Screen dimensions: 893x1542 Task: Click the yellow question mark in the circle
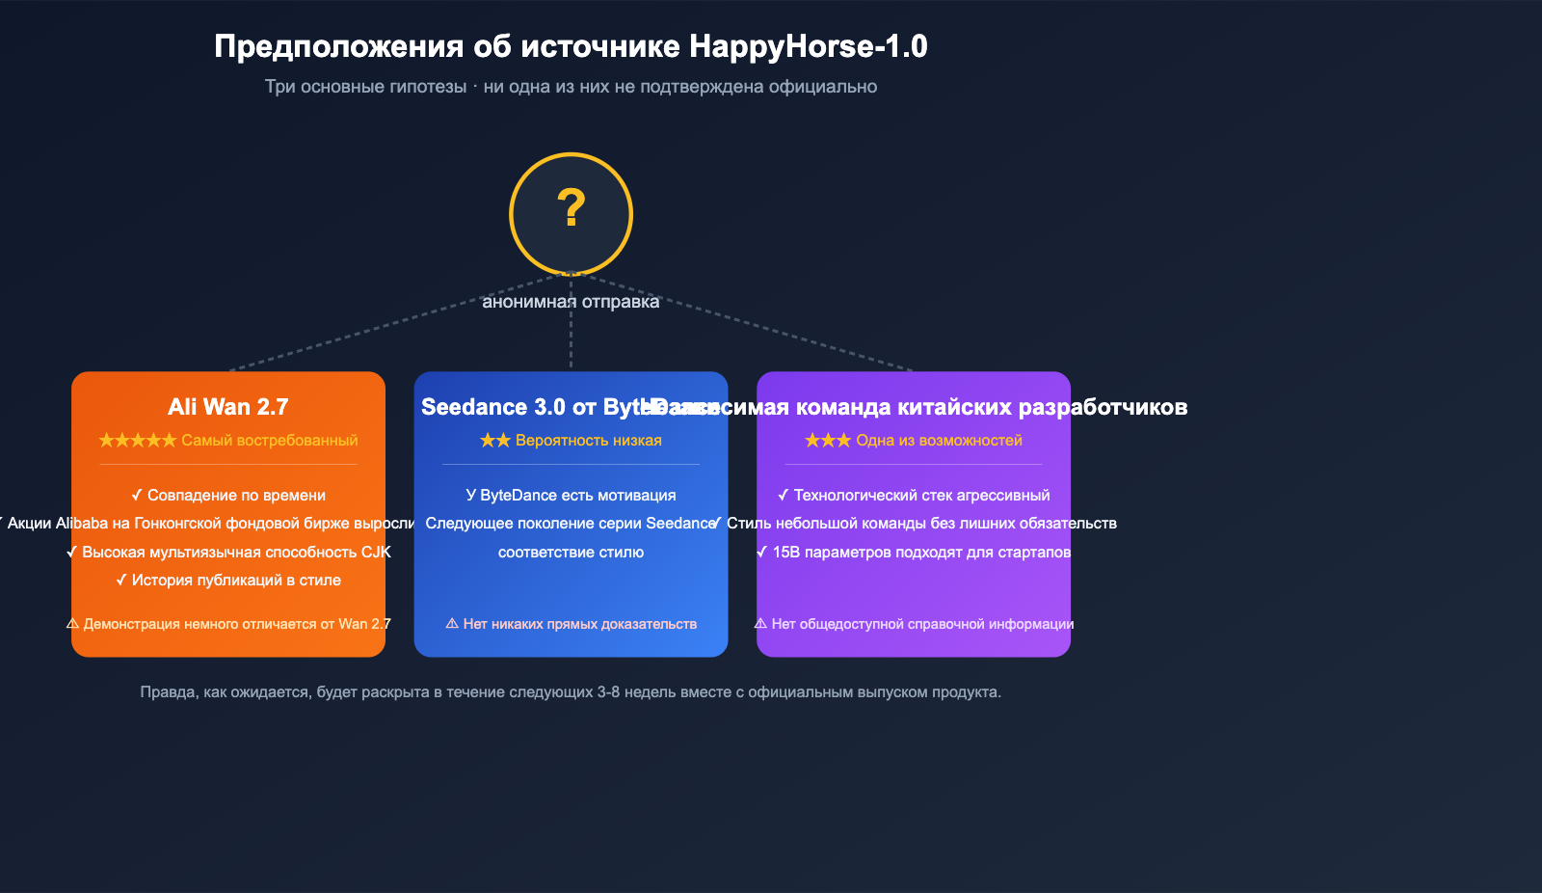coord(572,208)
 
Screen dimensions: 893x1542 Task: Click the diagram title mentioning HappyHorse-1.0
coord(571,46)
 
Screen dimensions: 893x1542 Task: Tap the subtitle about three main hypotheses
coord(571,87)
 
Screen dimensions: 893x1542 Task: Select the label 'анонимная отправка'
coord(571,302)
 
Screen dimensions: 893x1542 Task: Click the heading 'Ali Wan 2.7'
coord(228,407)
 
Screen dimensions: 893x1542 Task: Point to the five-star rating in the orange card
coord(138,441)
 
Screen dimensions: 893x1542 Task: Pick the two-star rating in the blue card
coord(495,441)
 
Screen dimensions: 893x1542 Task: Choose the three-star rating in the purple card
coord(828,441)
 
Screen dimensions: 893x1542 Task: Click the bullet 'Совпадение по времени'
coord(228,496)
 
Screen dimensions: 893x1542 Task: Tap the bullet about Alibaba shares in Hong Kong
coord(207,524)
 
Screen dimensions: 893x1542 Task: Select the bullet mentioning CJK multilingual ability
coord(228,553)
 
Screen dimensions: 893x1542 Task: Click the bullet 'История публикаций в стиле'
coord(228,581)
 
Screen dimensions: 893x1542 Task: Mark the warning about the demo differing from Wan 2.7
coord(228,624)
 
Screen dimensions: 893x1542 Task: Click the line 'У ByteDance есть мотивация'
coord(571,496)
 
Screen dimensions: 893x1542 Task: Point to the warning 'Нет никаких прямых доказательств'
coord(571,624)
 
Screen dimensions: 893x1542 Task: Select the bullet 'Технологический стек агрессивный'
coord(914,496)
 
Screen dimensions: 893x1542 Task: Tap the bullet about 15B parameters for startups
coord(914,553)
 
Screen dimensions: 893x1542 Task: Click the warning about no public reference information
coord(914,624)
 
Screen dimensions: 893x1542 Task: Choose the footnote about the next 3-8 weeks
coord(571,692)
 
